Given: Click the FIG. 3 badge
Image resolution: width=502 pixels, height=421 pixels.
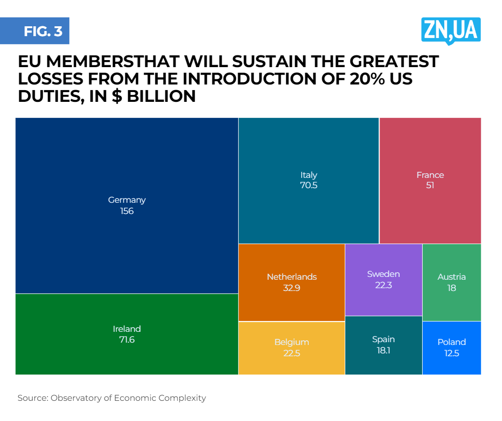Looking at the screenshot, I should [x=43, y=31].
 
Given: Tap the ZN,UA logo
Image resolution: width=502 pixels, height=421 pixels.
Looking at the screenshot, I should [x=450, y=30].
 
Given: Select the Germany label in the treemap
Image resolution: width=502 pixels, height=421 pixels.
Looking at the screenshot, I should [x=127, y=200].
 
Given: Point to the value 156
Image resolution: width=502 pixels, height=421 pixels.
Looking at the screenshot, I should [x=127, y=211].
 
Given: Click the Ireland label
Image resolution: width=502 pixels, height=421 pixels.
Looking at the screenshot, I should [x=127, y=329].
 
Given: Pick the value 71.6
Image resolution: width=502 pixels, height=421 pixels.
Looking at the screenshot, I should [x=127, y=340].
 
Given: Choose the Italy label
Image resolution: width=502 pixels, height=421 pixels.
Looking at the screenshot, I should [x=309, y=175].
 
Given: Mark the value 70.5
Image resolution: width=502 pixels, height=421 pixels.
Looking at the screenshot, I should [x=309, y=185].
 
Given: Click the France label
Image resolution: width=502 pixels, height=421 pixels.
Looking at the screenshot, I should [x=430, y=175].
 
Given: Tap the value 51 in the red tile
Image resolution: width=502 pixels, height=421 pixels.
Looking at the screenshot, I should [x=430, y=185].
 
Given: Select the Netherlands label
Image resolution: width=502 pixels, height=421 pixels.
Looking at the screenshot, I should [x=291, y=277].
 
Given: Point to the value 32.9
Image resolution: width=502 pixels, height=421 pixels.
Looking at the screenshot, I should [x=291, y=288].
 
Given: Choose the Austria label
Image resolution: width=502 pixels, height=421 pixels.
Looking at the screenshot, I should [x=451, y=277].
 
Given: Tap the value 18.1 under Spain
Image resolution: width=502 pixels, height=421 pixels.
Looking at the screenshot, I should [x=383, y=350].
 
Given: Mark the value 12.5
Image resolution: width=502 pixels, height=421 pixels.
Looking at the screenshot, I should [x=451, y=353].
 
